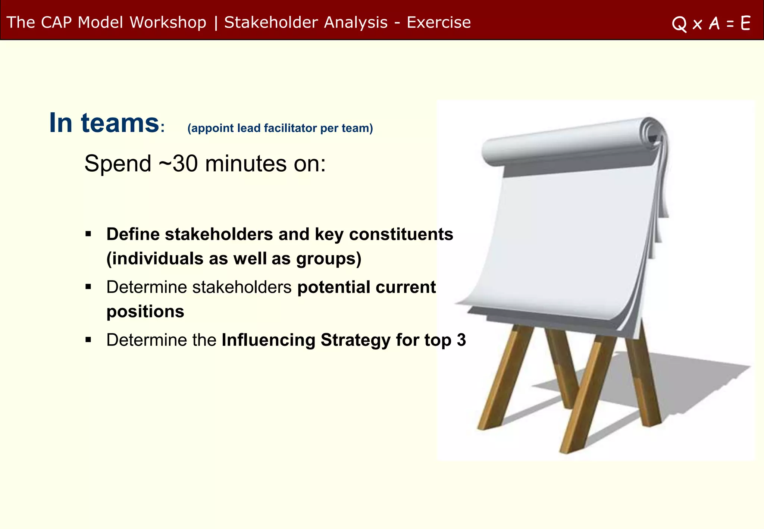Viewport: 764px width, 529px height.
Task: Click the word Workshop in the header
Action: tap(168, 22)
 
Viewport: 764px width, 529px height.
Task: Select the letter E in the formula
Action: tap(745, 23)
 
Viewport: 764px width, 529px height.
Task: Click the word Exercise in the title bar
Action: tap(439, 22)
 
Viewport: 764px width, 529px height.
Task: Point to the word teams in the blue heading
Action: tap(120, 123)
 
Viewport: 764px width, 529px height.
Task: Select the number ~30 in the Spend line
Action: tap(178, 163)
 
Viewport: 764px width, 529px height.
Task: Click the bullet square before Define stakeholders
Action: tap(88, 234)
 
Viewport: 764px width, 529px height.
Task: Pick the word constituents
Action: tap(401, 234)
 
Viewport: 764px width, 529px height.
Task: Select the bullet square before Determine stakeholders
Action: tap(88, 287)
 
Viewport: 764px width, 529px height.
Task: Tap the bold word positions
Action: tap(145, 312)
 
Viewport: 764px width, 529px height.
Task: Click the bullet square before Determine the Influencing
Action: tap(88, 340)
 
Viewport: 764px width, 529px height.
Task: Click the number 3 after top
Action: tap(461, 340)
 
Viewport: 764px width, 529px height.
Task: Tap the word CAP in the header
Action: tap(56, 22)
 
